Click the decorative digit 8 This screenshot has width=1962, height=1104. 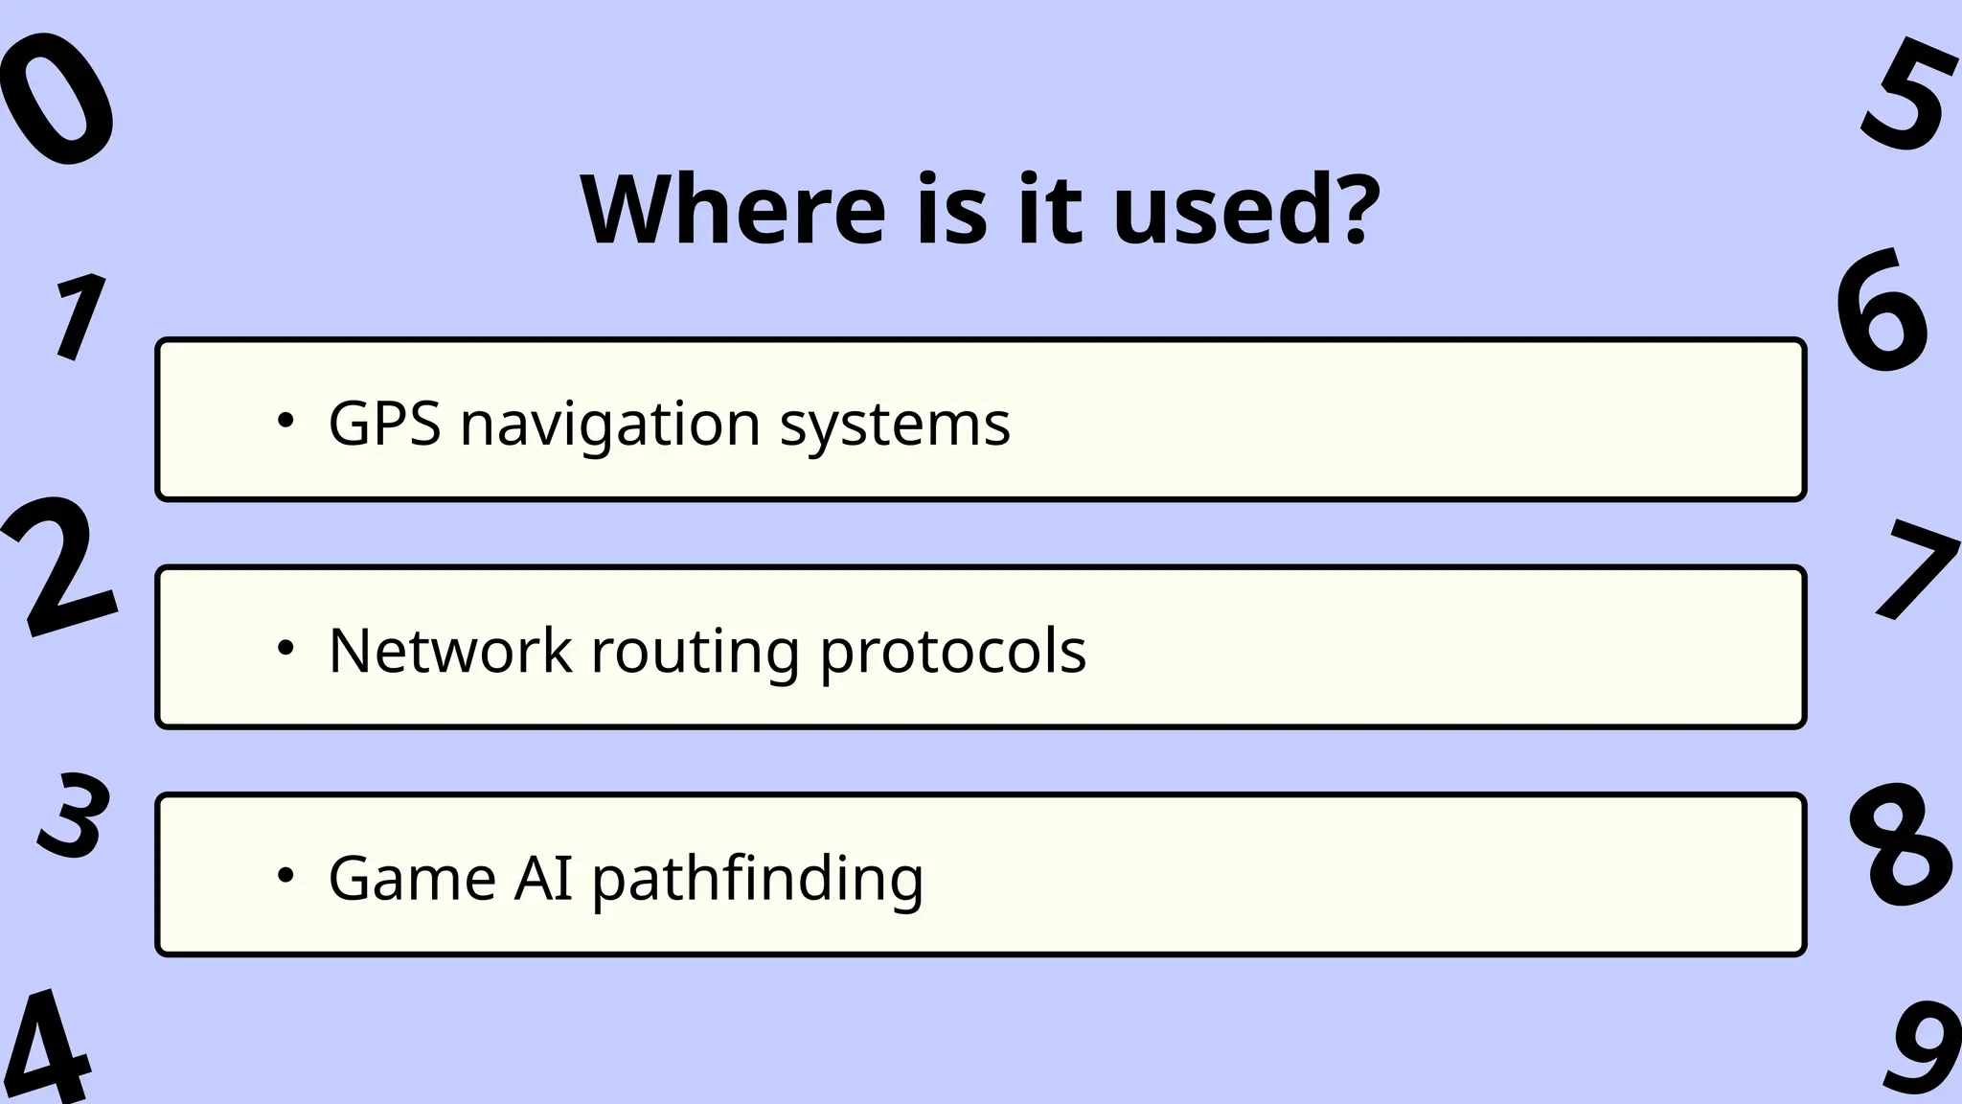tap(1900, 846)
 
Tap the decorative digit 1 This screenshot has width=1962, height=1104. tap(80, 316)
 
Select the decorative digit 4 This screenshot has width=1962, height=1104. tap(48, 1049)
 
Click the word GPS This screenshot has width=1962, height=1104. tap(384, 423)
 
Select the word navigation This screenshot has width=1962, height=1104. tap(610, 423)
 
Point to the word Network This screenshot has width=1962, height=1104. tap(449, 650)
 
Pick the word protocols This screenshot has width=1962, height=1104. tap(952, 650)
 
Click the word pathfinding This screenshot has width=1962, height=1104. tap(757, 877)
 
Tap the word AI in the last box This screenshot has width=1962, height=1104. tap(543, 877)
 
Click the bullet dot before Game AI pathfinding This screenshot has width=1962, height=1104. tap(285, 875)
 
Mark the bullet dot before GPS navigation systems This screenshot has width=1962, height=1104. tap(285, 421)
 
